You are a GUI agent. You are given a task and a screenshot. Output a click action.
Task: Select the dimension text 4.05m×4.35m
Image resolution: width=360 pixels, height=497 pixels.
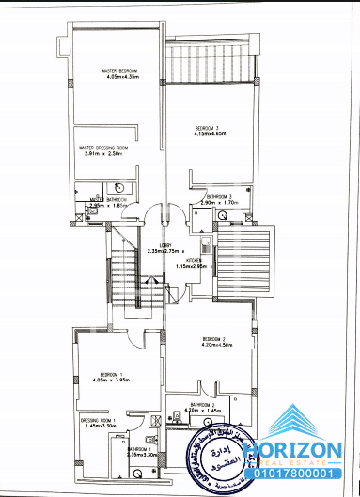click(121, 78)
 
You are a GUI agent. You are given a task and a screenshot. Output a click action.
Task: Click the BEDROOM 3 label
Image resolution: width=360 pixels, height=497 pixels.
click(208, 128)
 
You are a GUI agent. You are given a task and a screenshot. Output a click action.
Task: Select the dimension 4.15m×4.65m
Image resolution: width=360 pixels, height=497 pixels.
click(208, 135)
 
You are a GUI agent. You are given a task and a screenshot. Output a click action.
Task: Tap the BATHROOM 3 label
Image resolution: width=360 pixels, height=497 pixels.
click(222, 196)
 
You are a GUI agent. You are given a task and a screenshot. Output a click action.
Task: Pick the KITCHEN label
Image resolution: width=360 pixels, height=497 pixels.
click(195, 259)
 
